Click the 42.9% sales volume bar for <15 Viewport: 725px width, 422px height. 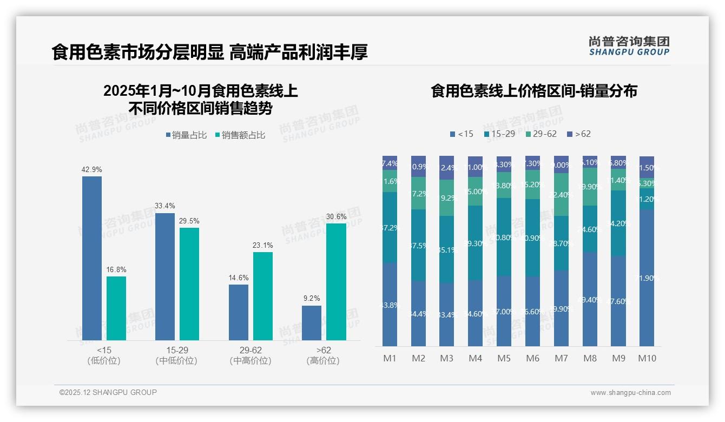(92, 258)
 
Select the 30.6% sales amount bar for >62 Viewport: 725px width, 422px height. (336, 281)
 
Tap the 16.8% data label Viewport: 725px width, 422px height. (116, 269)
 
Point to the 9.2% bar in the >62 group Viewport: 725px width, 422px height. (312, 323)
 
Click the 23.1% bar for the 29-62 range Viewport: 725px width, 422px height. (263, 296)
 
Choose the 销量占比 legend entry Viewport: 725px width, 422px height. (186, 135)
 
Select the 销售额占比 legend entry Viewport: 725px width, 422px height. (240, 135)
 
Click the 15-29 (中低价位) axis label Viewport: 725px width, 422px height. (176, 355)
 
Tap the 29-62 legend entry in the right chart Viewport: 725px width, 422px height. (541, 134)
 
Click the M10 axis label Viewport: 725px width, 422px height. (647, 358)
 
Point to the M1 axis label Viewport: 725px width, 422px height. (390, 358)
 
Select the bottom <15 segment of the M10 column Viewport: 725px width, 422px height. (647, 278)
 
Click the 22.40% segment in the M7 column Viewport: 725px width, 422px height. (561, 195)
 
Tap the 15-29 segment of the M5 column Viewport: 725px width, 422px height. (504, 237)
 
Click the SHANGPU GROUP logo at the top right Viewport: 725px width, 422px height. (629, 45)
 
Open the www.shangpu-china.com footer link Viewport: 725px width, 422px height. (630, 393)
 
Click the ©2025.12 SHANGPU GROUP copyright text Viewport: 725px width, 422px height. (108, 392)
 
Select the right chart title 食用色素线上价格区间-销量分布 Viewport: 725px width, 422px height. (533, 91)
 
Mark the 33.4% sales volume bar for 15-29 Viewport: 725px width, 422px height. (165, 276)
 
